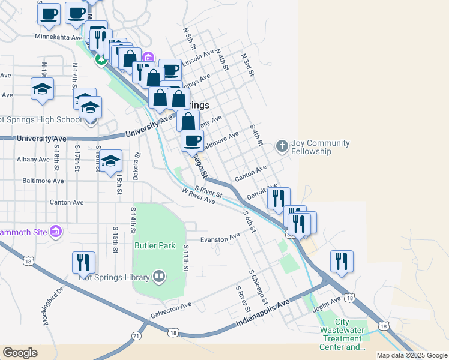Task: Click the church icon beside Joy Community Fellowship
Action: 282,146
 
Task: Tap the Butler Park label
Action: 155,245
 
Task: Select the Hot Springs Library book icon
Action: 159,277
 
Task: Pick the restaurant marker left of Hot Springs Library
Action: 83,262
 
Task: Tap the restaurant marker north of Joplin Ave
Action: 342,261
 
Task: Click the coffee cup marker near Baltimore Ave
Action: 192,140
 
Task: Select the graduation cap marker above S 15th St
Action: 110,161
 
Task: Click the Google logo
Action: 20,353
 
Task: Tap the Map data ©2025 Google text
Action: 412,355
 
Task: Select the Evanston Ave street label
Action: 220,239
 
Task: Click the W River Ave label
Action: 198,196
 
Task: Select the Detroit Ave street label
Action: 262,192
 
